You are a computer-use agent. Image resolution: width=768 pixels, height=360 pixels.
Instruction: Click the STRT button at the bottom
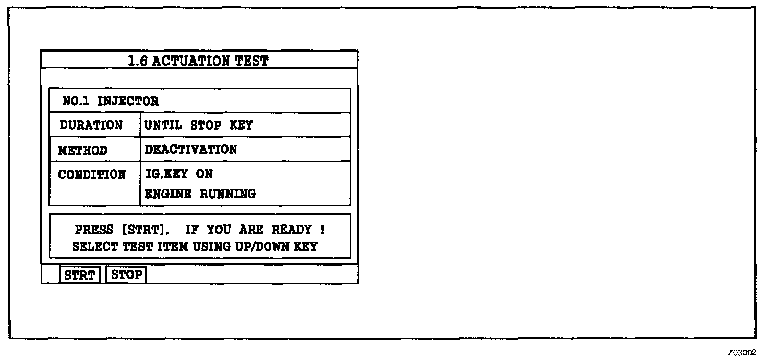[80, 275]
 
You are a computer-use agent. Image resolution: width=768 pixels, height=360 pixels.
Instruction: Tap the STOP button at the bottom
[126, 274]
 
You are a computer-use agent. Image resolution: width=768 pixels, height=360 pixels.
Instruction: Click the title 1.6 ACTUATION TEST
[198, 61]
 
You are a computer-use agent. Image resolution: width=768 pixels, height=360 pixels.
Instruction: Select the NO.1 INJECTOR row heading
[110, 101]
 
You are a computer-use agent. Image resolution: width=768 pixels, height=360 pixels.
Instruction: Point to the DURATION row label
[91, 125]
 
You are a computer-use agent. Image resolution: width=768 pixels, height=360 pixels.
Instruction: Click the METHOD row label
[82, 150]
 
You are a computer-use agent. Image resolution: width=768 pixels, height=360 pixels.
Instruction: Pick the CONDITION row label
[92, 174]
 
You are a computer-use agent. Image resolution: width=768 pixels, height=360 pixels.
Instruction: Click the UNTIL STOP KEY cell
[198, 125]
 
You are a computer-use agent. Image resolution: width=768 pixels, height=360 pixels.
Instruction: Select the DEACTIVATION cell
[190, 150]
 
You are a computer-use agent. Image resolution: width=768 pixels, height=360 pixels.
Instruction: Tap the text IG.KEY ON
[179, 174]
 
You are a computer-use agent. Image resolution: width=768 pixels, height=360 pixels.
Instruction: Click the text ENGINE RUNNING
[200, 194]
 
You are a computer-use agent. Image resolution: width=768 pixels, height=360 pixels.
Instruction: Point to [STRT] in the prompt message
[148, 230]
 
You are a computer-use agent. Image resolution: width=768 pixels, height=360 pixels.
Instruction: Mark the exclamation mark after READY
[323, 230]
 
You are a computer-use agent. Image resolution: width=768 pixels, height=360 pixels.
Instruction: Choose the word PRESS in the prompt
[94, 230]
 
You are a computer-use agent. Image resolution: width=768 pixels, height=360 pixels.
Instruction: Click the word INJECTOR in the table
[128, 101]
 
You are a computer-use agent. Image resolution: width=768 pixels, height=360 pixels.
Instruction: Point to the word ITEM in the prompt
[173, 247]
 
